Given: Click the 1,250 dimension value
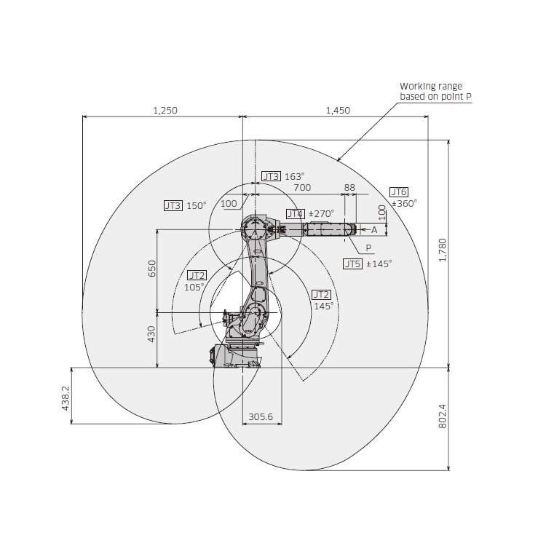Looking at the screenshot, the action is (x=165, y=111).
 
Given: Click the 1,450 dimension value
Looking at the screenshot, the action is (x=338, y=111).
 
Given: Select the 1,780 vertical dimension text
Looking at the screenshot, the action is (x=442, y=250).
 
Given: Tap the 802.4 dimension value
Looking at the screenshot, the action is (x=442, y=416).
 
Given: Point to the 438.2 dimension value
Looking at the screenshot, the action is (x=66, y=398).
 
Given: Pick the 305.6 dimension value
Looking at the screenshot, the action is (x=261, y=417).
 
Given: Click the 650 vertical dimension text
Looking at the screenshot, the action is (x=152, y=269).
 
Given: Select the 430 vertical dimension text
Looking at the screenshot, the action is (x=151, y=334).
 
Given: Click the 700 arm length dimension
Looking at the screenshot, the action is (x=302, y=188).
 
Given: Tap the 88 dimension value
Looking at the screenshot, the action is (x=349, y=188).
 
